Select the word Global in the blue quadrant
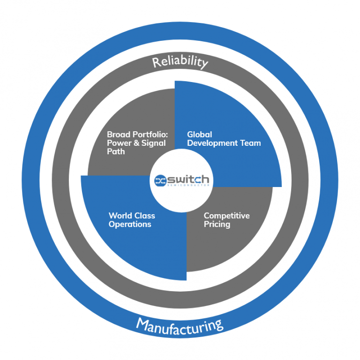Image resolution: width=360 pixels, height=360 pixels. pyautogui.click(x=200, y=135)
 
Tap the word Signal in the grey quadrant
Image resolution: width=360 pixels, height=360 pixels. pyautogui.click(x=153, y=143)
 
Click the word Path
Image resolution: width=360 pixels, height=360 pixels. pyautogui.click(x=116, y=151)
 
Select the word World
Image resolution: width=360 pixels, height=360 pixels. pyautogui.click(x=119, y=216)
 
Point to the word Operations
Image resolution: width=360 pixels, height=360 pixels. pyautogui.click(x=130, y=224)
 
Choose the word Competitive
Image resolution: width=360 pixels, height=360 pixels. pyautogui.click(x=226, y=216)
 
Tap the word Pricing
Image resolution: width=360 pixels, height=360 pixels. pyautogui.click(x=217, y=224)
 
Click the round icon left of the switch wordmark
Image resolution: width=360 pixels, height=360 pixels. pyautogui.click(x=160, y=180)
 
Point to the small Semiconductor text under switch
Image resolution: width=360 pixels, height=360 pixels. pyautogui.click(x=189, y=186)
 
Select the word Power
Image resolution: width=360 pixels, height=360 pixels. pyautogui.click(x=120, y=143)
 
